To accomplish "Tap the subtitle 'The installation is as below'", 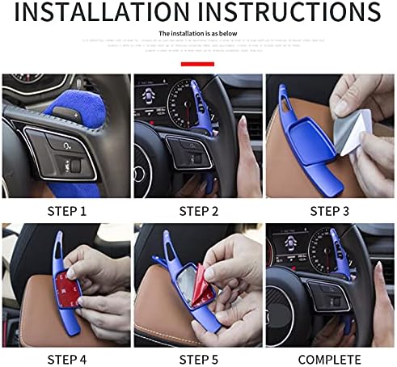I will point(197,33).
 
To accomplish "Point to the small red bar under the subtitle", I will point(197,62).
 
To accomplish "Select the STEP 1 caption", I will point(65,211).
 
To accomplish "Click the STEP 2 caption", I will point(198,211).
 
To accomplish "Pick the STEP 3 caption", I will point(330,211).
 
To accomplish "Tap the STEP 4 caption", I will point(65,358).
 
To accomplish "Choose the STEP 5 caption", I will point(198,358).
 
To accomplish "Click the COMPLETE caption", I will point(330,358).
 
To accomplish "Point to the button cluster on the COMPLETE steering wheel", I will point(323,295).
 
